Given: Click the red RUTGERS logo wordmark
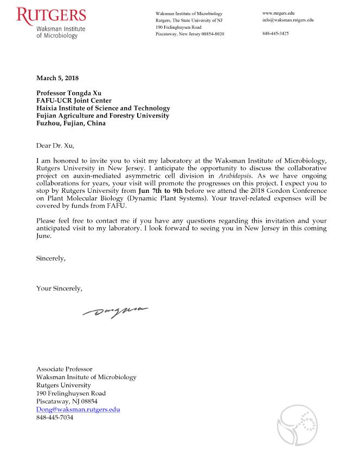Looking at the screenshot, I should (x=51, y=15).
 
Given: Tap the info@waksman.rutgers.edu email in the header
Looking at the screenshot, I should (x=287, y=20).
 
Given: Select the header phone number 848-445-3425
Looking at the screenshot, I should (x=275, y=34).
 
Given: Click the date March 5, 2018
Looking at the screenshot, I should (x=57, y=79).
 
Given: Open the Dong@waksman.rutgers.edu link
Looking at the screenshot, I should (x=78, y=410).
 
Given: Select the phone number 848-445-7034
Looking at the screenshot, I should (x=54, y=418).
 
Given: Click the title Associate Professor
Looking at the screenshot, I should (x=64, y=369).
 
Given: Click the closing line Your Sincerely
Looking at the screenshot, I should (x=59, y=288).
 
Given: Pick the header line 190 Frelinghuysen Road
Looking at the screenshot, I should (x=178, y=27).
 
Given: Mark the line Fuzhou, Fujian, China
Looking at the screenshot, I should (x=70, y=123).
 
